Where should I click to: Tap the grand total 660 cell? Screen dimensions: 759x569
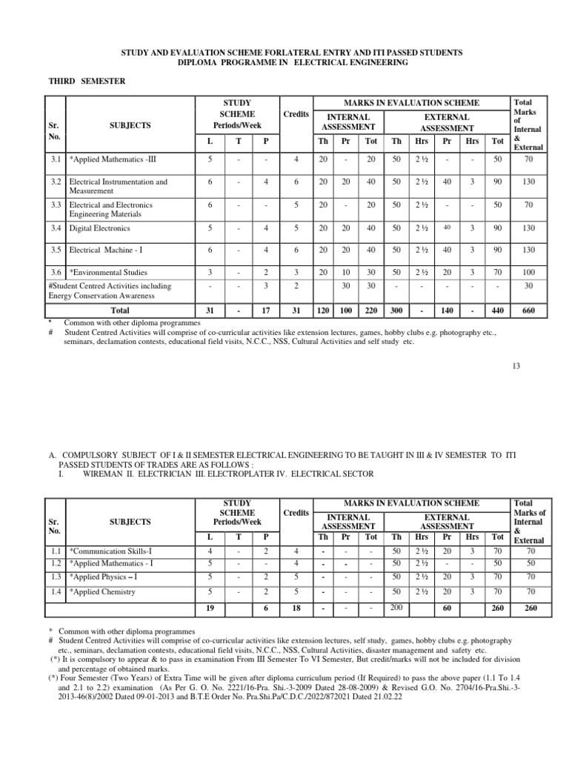click(x=528, y=311)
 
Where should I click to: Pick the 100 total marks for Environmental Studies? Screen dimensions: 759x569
click(x=528, y=273)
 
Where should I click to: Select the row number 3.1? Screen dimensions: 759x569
click(x=56, y=158)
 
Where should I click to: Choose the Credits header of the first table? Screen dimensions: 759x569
click(x=296, y=113)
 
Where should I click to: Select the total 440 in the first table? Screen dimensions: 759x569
click(x=498, y=311)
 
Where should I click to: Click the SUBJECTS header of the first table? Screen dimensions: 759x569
click(x=130, y=125)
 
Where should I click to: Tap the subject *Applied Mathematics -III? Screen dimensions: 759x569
click(x=111, y=158)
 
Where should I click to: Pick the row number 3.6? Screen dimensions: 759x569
click(x=56, y=273)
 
